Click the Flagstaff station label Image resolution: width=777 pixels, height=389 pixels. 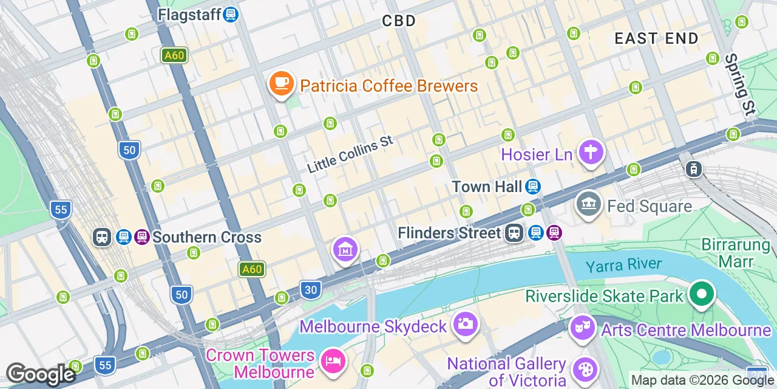click(189, 14)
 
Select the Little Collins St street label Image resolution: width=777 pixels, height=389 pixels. click(350, 154)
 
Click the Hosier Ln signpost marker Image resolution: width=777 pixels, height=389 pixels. click(589, 152)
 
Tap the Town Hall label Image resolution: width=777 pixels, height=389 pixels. click(487, 187)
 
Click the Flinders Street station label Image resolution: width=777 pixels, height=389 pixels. click(450, 233)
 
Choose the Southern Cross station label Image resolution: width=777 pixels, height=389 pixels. click(207, 237)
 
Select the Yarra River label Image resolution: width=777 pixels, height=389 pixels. click(623, 265)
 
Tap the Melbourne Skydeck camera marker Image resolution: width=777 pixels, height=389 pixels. click(465, 323)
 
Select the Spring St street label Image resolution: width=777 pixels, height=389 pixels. click(740, 84)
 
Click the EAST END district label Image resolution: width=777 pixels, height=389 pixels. click(657, 39)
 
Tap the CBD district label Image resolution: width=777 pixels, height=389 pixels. click(399, 21)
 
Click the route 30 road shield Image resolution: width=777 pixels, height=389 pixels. click(311, 291)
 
